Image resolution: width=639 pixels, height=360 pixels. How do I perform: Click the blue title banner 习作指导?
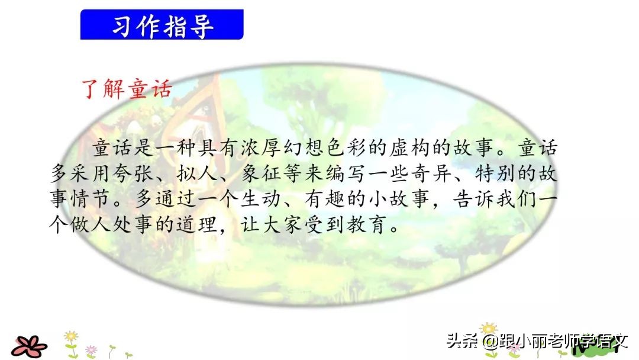(162, 25)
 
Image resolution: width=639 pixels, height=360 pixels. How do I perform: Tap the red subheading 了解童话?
(126, 88)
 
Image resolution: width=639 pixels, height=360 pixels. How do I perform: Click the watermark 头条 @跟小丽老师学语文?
(535, 342)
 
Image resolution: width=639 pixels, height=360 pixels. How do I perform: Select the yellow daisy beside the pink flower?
(71, 337)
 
